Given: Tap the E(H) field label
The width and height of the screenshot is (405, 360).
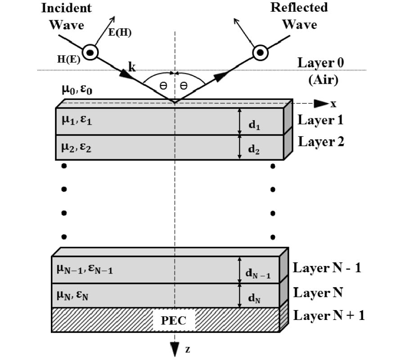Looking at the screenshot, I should point(120,33).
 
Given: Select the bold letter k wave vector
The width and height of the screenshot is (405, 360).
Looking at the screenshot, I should point(132,67).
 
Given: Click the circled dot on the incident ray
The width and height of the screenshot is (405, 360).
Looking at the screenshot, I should point(90,53).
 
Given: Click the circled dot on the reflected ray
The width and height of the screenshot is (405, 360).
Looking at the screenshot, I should point(260,53).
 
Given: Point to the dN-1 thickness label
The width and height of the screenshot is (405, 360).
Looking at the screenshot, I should point(258,273).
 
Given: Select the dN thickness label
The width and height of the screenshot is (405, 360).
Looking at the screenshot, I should point(255,297).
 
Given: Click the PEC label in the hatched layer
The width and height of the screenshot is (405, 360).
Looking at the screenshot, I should point(173,321).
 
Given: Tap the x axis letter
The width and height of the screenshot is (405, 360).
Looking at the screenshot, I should point(333,104).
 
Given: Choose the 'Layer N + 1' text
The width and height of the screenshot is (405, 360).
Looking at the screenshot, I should point(328,315).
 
